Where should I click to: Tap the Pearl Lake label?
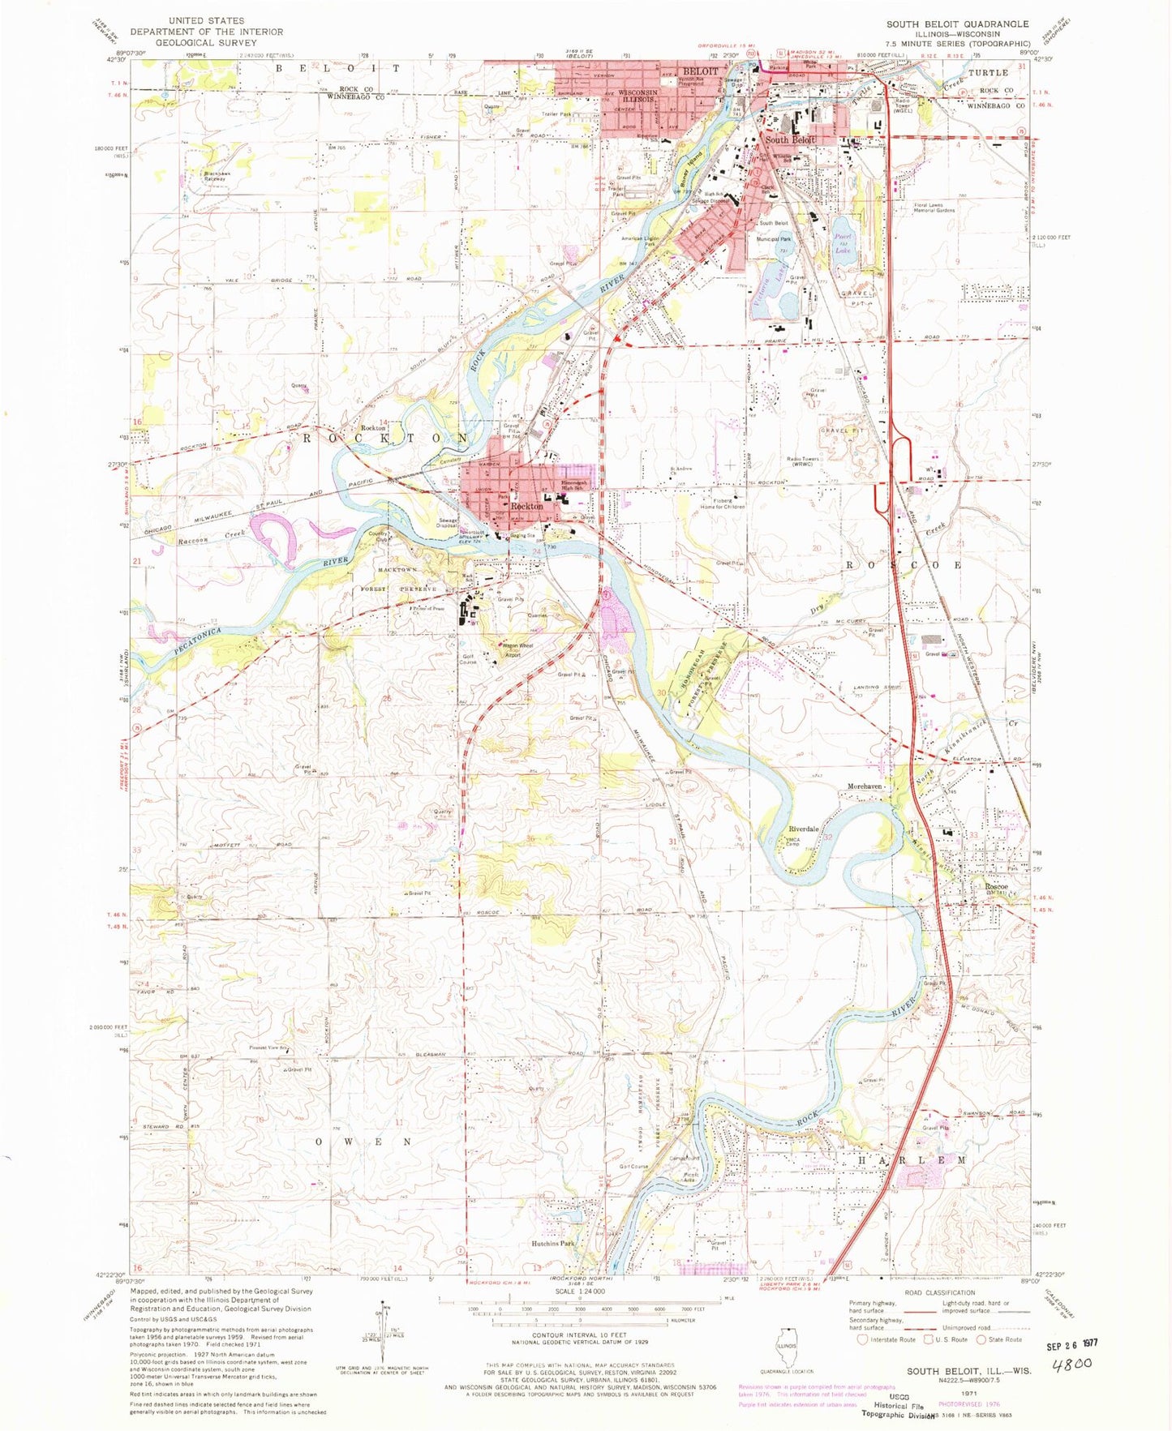point(839,234)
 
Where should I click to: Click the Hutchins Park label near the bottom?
point(553,1243)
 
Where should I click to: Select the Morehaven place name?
point(864,786)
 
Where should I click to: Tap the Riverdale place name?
point(803,829)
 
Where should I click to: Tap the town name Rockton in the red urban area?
point(526,506)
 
